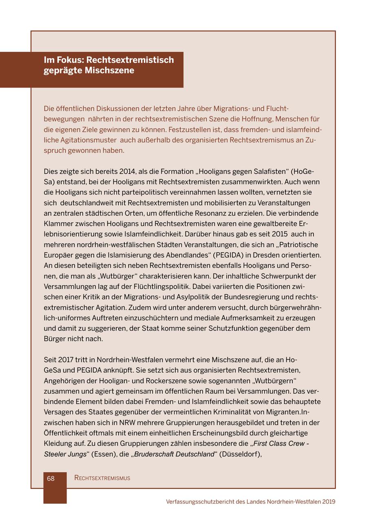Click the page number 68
(51, 478)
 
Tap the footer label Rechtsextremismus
(102, 478)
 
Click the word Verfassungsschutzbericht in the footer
(200, 502)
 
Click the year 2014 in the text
(127, 171)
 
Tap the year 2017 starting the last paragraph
(66, 360)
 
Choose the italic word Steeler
(56, 454)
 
